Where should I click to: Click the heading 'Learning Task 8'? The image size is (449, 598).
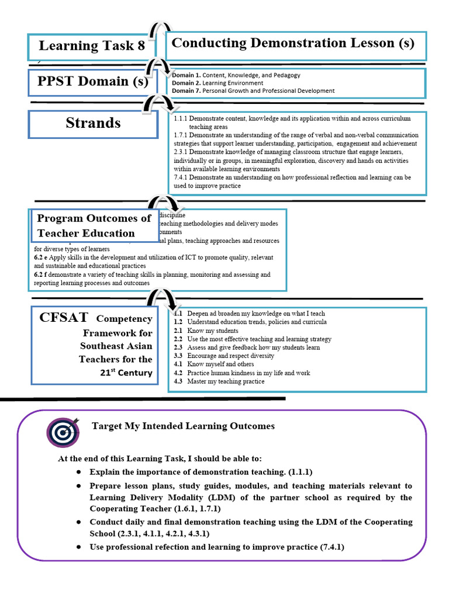pos(92,46)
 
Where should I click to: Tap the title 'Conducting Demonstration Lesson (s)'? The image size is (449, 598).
pos(293,43)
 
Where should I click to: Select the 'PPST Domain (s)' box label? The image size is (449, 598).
pos(93,81)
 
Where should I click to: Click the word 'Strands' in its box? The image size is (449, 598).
pos(94,123)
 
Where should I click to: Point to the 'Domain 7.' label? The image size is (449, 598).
pos(186,91)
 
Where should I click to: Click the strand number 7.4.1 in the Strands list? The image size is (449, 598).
pos(181,177)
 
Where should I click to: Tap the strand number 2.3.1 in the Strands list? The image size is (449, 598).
pos(181,152)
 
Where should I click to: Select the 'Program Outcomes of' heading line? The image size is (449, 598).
pos(94,218)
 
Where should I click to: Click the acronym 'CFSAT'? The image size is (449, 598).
pos(64,318)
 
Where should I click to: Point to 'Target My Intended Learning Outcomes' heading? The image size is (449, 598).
pos(183,426)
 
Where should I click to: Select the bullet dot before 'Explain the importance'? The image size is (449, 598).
pos(78,471)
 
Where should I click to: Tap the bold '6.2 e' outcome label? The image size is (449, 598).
pos(42,258)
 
